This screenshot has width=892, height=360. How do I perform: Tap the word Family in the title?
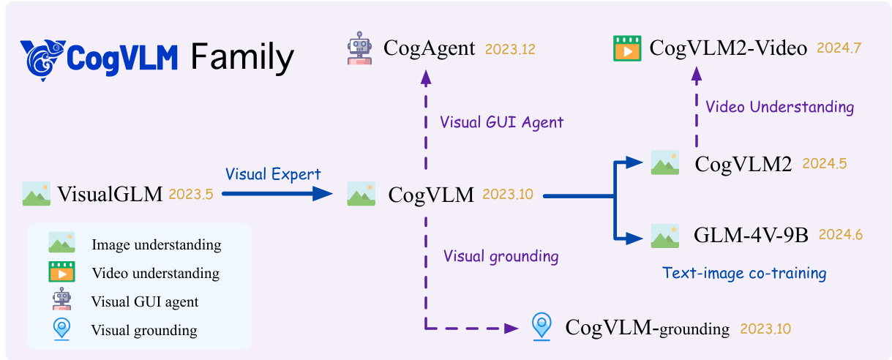point(242,57)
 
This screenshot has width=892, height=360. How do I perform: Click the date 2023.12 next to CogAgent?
point(510,50)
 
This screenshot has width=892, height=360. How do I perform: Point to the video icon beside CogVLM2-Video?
point(626,49)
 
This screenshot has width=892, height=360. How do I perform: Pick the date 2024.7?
point(839,49)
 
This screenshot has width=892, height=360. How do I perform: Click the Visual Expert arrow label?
point(273,174)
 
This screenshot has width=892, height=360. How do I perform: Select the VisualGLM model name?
point(110,195)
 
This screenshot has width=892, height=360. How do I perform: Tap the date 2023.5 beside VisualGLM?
point(191,195)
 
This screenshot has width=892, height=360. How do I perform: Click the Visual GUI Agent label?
point(502,122)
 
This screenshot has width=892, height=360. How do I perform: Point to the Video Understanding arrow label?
point(779,107)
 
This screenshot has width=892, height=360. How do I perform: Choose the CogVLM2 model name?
point(743,165)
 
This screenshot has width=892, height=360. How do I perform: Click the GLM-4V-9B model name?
point(751,236)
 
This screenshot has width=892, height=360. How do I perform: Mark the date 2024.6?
point(841,235)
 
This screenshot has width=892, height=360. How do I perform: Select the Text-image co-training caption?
point(744,273)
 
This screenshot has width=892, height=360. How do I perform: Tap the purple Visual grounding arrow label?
point(501,256)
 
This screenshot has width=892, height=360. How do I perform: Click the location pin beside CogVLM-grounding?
point(541,326)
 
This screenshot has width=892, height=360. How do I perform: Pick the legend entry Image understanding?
point(156,244)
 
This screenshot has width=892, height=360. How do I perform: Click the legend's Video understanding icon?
point(62,272)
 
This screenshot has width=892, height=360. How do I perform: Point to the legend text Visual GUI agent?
point(145,301)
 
